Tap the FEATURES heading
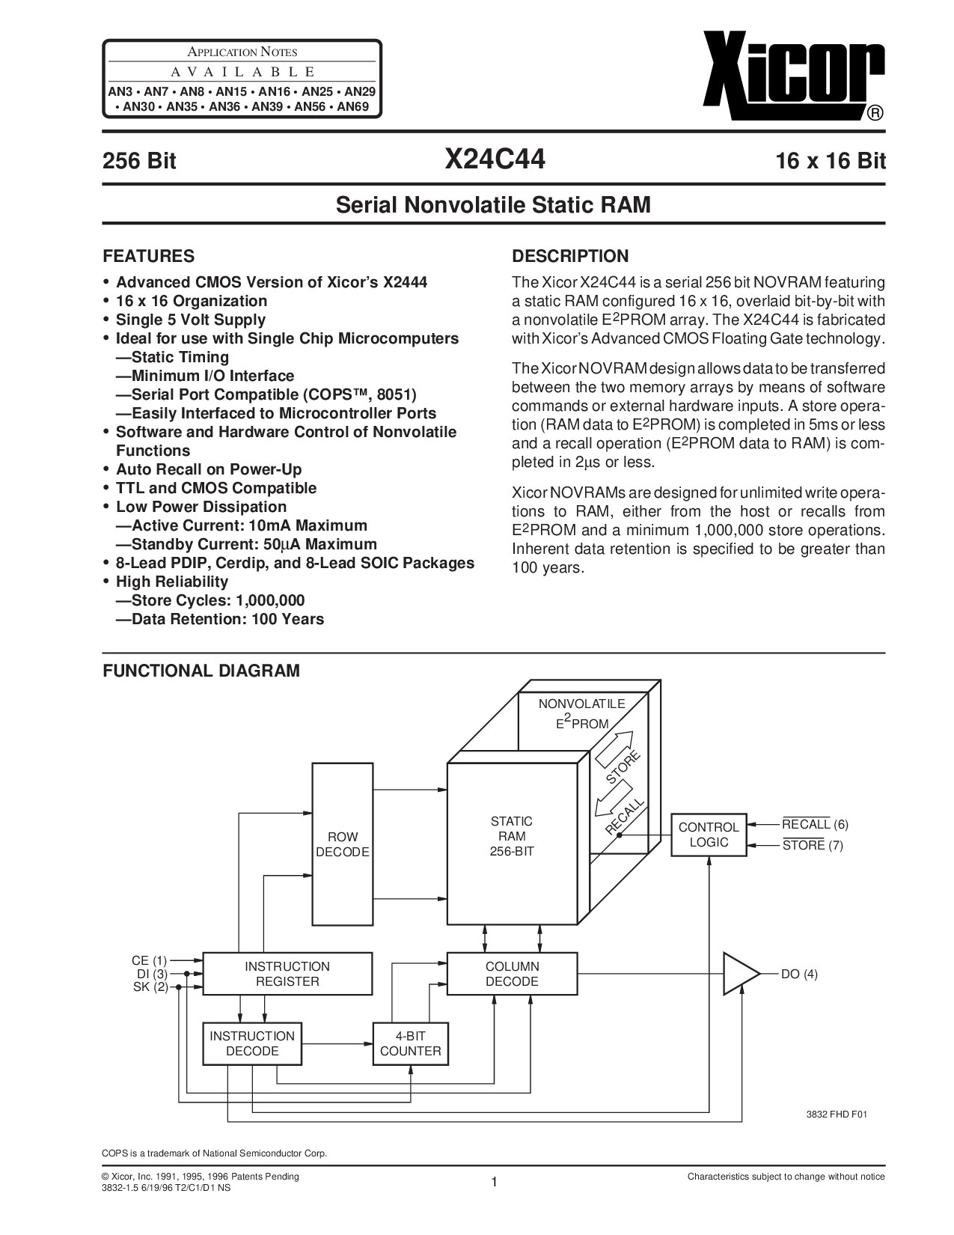click(148, 256)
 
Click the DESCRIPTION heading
click(569, 256)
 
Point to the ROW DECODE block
click(343, 844)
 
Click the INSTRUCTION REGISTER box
click(287, 974)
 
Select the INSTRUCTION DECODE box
click(252, 1043)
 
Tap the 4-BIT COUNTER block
click(410, 1043)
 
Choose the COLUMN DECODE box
click(512, 974)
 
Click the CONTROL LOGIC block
click(708, 835)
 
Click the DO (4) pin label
click(799, 974)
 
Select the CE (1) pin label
click(150, 960)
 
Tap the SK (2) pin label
click(150, 987)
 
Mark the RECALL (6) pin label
click(814, 825)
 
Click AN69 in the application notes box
click(356, 107)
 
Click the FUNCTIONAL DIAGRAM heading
click(201, 671)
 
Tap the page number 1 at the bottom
click(494, 1183)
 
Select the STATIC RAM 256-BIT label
click(512, 836)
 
